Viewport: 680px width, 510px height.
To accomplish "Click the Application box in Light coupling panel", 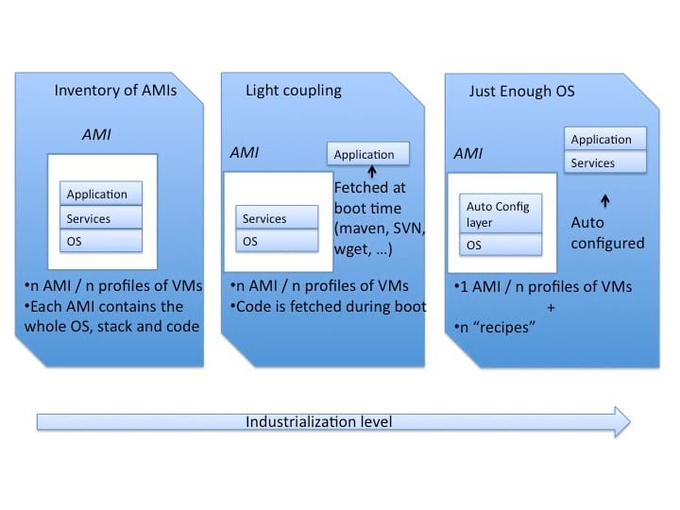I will [369, 154].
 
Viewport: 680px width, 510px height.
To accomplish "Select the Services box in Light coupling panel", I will [276, 218].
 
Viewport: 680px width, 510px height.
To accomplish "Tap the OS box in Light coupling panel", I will [276, 241].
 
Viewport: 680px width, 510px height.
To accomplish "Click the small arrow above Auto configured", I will [605, 200].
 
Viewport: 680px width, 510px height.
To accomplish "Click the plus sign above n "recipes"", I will [551, 307].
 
